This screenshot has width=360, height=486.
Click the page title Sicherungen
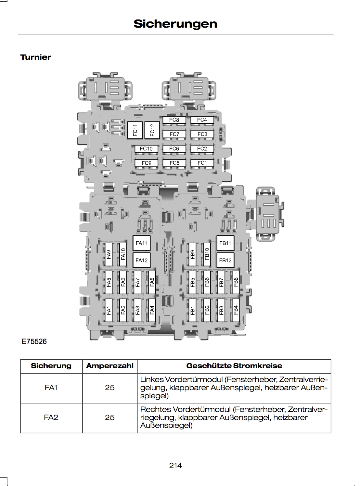click(x=175, y=24)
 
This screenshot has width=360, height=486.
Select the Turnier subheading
click(x=36, y=57)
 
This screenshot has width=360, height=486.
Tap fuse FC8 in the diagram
click(x=174, y=120)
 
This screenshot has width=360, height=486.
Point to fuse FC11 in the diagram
click(x=135, y=130)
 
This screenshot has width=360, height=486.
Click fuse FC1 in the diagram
click(x=202, y=163)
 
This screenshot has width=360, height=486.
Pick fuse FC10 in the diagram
click(x=146, y=148)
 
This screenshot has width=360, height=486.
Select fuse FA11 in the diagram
click(x=141, y=243)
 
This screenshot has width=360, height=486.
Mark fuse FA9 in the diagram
click(x=109, y=254)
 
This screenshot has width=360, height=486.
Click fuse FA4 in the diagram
click(x=152, y=310)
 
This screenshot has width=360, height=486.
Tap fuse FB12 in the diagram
click(x=225, y=260)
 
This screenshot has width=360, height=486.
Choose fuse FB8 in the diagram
click(x=236, y=282)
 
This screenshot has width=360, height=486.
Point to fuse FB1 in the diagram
click(x=192, y=310)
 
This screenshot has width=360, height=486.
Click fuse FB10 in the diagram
click(x=207, y=254)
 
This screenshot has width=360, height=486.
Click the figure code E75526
click(x=34, y=341)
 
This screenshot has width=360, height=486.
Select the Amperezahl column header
click(x=110, y=366)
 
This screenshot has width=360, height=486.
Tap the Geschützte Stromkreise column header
click(x=234, y=366)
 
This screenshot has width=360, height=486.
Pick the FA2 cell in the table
click(x=51, y=417)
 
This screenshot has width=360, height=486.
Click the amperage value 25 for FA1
click(x=110, y=388)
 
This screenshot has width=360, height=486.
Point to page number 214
click(x=175, y=466)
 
